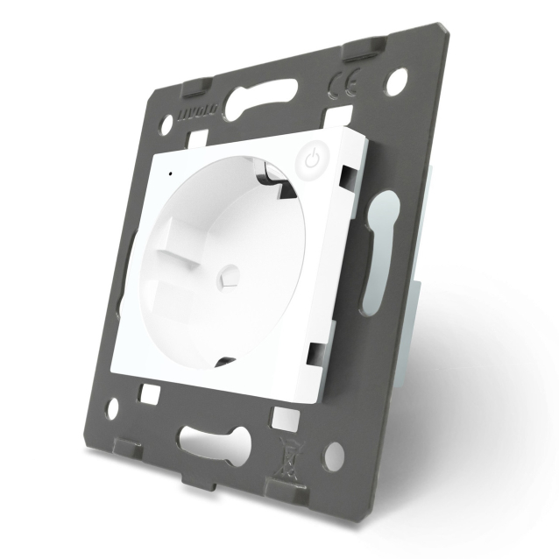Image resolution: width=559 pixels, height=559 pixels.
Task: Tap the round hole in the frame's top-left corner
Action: [x=164, y=125]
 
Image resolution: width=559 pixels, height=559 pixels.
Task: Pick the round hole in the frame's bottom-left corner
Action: [x=111, y=408]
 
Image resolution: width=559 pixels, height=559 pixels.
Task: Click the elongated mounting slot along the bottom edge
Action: [x=209, y=438]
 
